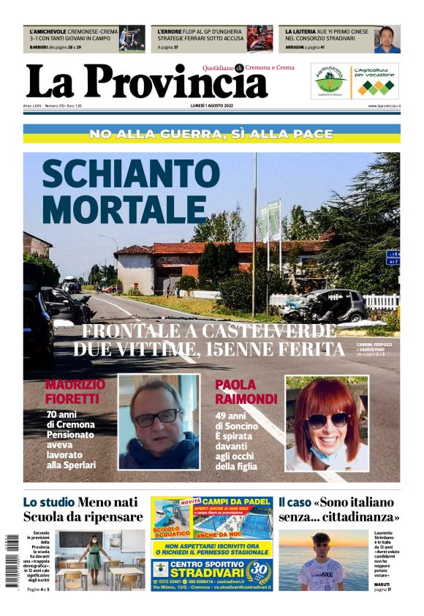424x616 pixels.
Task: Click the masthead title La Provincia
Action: point(146,82)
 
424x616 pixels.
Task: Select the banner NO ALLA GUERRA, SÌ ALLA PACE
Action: point(211,134)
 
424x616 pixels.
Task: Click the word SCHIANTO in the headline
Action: point(120,175)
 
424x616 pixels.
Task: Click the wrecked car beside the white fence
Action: point(325,306)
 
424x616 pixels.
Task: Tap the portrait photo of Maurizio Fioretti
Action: point(159,423)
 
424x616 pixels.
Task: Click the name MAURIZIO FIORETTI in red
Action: point(75,391)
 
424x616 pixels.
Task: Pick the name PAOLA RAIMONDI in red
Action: point(246,391)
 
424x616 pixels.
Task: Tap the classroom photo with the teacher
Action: point(102,560)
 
